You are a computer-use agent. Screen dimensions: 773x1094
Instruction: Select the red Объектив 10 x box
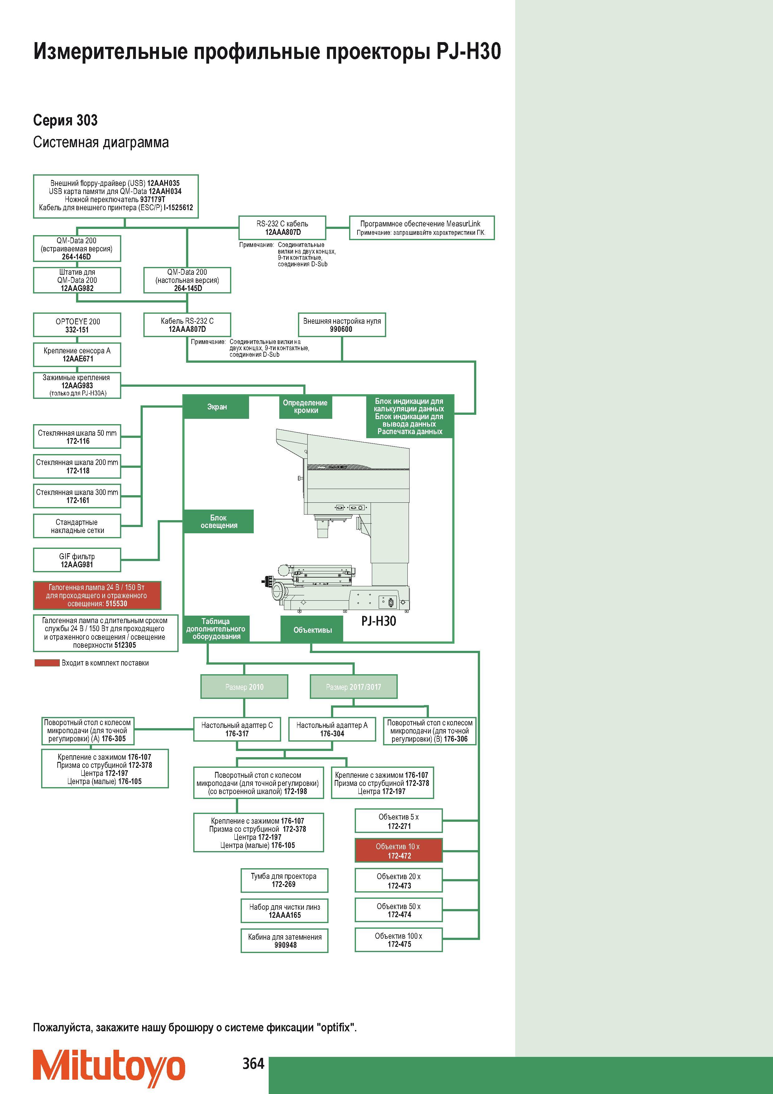(399, 850)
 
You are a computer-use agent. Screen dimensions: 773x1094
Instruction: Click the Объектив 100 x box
(399, 940)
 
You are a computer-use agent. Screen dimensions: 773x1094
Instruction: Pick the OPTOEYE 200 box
(77, 325)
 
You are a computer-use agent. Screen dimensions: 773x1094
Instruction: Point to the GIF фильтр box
(77, 560)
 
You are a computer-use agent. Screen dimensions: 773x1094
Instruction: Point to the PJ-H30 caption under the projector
(379, 621)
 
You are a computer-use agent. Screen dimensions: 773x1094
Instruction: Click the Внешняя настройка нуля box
(342, 325)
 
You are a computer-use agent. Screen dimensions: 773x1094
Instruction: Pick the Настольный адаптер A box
(332, 729)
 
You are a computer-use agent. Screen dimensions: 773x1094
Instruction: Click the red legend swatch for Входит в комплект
(47, 663)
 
